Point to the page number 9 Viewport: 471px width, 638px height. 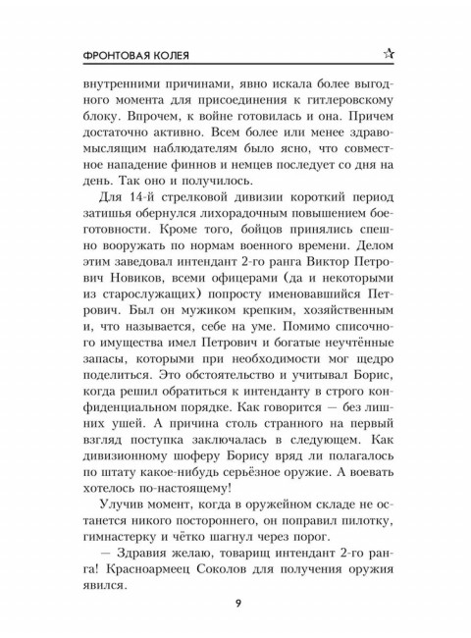coord(235,603)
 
